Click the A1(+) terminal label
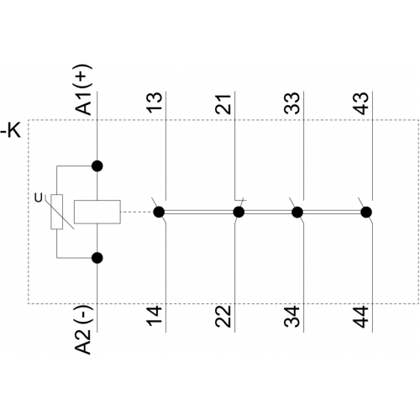[x=84, y=90]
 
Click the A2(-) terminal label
[x=83, y=330]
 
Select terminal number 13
[x=155, y=102]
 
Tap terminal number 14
[x=155, y=316]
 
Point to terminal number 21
[x=223, y=104]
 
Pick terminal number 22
[x=223, y=317]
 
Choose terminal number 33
[x=291, y=102]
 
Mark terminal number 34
[x=291, y=317]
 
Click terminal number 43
[x=361, y=103]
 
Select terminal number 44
[x=361, y=317]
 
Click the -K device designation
[x=11, y=130]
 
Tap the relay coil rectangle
[x=97, y=212]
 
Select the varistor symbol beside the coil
[x=57, y=212]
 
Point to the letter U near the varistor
[x=38, y=198]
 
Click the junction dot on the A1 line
[x=97, y=166]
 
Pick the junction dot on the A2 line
[x=97, y=258]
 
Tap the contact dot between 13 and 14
[x=159, y=212]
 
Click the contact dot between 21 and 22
[x=239, y=212]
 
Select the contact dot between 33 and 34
[x=297, y=213]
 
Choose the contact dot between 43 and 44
[x=366, y=213]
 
